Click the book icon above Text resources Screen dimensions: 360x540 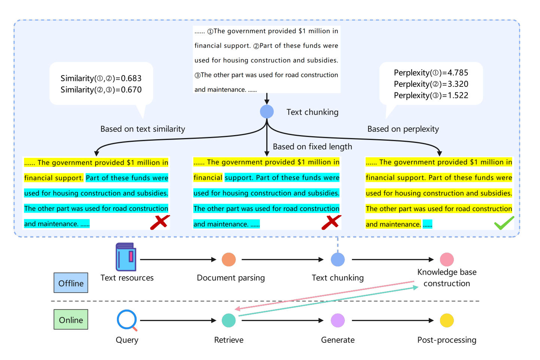point(126,257)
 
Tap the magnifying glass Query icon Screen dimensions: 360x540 point(127,320)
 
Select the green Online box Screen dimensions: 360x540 point(71,320)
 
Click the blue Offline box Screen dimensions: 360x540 point(71,283)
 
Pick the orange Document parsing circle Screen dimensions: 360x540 point(228,259)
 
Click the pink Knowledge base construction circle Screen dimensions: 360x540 point(446,259)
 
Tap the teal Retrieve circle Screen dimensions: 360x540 point(228,320)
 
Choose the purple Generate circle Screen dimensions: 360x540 point(337,320)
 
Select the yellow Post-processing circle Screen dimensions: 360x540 point(446,320)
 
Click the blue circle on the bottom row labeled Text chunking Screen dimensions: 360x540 point(337,259)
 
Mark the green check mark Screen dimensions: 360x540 point(504,223)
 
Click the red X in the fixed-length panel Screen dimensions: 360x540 point(331,222)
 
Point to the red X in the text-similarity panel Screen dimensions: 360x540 point(160,222)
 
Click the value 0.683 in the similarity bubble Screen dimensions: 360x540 point(131,79)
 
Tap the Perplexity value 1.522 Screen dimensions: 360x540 point(458,95)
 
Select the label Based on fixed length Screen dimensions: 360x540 point(312,147)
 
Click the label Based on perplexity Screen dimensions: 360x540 point(403,129)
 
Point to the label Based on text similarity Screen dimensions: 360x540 point(143,129)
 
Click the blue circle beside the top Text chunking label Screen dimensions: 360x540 point(267,112)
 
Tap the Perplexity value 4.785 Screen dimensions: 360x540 point(458,73)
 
